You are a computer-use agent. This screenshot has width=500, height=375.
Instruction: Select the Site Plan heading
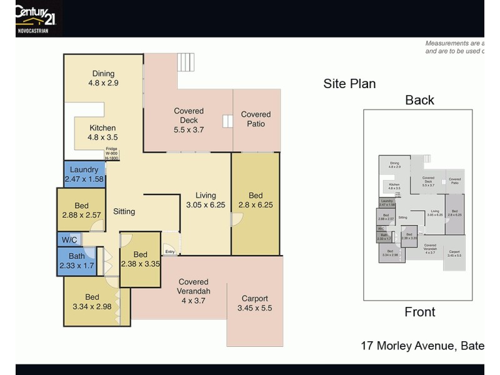[349, 84]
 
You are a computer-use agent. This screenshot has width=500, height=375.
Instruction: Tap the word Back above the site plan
[419, 100]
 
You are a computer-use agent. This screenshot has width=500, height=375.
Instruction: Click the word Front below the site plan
[419, 312]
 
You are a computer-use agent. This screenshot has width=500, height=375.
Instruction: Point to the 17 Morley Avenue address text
[422, 345]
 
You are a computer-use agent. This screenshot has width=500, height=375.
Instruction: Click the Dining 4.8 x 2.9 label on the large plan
[103, 78]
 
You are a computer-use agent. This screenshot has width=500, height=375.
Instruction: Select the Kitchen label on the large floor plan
[102, 132]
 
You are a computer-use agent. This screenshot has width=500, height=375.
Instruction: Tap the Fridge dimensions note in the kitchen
[112, 154]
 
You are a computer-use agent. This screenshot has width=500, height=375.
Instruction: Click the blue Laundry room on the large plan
[84, 174]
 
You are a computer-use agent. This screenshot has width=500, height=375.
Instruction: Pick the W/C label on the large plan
[68, 240]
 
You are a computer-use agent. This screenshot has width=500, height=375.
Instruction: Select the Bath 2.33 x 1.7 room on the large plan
[76, 261]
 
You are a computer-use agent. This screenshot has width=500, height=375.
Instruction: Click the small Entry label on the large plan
[170, 252]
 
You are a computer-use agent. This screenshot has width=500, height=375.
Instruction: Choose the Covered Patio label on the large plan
[256, 119]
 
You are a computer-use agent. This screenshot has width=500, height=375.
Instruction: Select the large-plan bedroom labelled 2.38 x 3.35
[141, 259]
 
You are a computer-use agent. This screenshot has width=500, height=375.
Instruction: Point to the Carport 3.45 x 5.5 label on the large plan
[254, 303]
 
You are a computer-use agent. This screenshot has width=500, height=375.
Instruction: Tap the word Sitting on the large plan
[124, 211]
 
